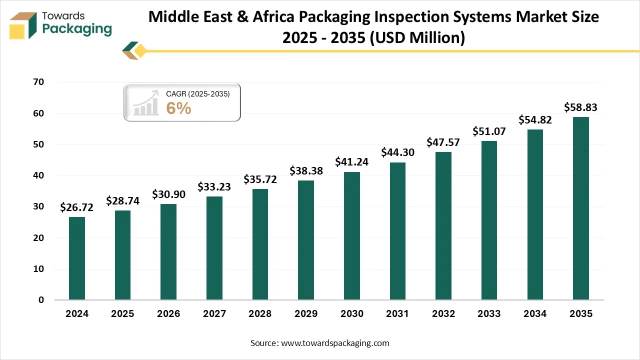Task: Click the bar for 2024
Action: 76,258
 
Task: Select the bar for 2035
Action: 580,208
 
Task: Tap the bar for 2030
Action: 351,236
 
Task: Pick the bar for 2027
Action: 214,248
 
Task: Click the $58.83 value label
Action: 580,107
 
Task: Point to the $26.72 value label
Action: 76,207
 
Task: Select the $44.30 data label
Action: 397,152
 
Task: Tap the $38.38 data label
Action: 306,171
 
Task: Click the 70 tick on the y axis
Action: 38,82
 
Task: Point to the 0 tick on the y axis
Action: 41,300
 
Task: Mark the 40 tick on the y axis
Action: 38,176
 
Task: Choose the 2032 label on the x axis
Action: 443,314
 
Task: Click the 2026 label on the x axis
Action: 168,314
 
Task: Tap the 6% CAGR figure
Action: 178,108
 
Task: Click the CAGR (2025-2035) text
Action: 197,93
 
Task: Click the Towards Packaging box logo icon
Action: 24,25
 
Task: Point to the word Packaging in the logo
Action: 77,29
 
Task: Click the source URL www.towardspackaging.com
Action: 334,343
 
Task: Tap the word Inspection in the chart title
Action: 408,17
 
